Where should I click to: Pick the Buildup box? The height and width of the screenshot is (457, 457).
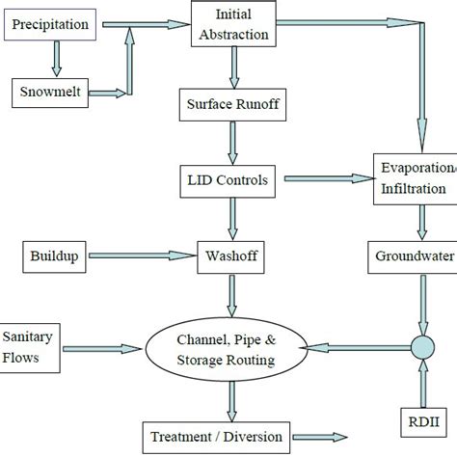pyautogui.click(x=55, y=256)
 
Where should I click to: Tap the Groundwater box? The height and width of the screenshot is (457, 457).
pyautogui.click(x=417, y=256)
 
